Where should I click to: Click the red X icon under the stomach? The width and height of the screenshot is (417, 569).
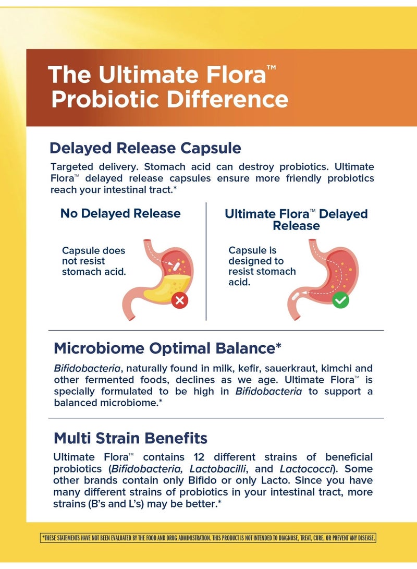pyautogui.click(x=180, y=300)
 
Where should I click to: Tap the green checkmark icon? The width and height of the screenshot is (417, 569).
pyautogui.click(x=340, y=300)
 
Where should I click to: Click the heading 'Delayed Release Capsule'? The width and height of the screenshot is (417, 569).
pyautogui.click(x=145, y=148)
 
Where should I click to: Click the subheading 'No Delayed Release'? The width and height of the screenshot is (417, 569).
pyautogui.click(x=120, y=213)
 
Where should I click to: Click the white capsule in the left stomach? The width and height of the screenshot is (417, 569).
pyautogui.click(x=177, y=267)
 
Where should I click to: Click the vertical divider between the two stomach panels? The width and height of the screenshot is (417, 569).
pyautogui.click(x=206, y=261)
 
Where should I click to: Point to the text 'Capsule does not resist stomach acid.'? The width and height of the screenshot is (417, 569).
pyautogui.click(x=94, y=261)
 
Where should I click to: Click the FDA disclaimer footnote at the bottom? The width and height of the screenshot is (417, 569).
pyautogui.click(x=208, y=538)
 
